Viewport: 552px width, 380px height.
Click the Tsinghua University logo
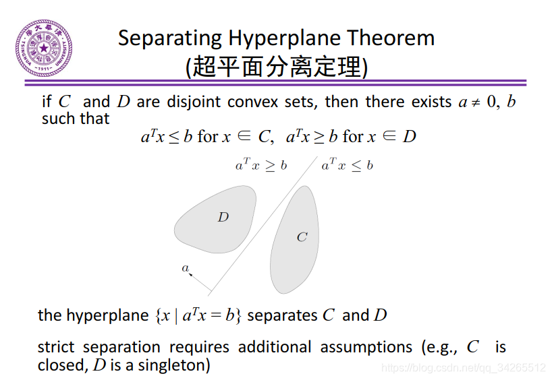click(x=44, y=49)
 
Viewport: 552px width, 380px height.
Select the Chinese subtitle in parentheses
click(x=277, y=67)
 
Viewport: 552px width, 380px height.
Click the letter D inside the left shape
click(x=223, y=217)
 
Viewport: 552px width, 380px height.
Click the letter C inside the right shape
click(x=302, y=236)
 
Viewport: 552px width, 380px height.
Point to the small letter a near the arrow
click(x=185, y=268)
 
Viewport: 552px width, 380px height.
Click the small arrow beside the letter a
click(x=192, y=274)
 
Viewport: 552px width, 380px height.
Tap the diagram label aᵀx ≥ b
click(x=260, y=165)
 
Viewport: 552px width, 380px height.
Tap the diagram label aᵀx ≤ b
click(x=347, y=165)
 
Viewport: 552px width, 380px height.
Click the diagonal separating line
click(x=263, y=226)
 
